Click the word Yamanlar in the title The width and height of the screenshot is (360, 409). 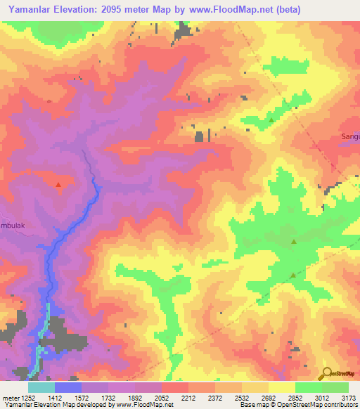click(x=36, y=11)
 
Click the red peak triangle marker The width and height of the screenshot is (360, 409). click(x=58, y=185)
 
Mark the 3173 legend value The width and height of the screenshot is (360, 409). click(x=347, y=398)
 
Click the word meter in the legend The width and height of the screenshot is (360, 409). click(x=11, y=398)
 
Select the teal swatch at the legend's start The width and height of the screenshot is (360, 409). click(x=41, y=387)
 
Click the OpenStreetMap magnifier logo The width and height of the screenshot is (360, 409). click(x=325, y=374)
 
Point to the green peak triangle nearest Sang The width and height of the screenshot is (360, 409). click(x=271, y=121)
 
